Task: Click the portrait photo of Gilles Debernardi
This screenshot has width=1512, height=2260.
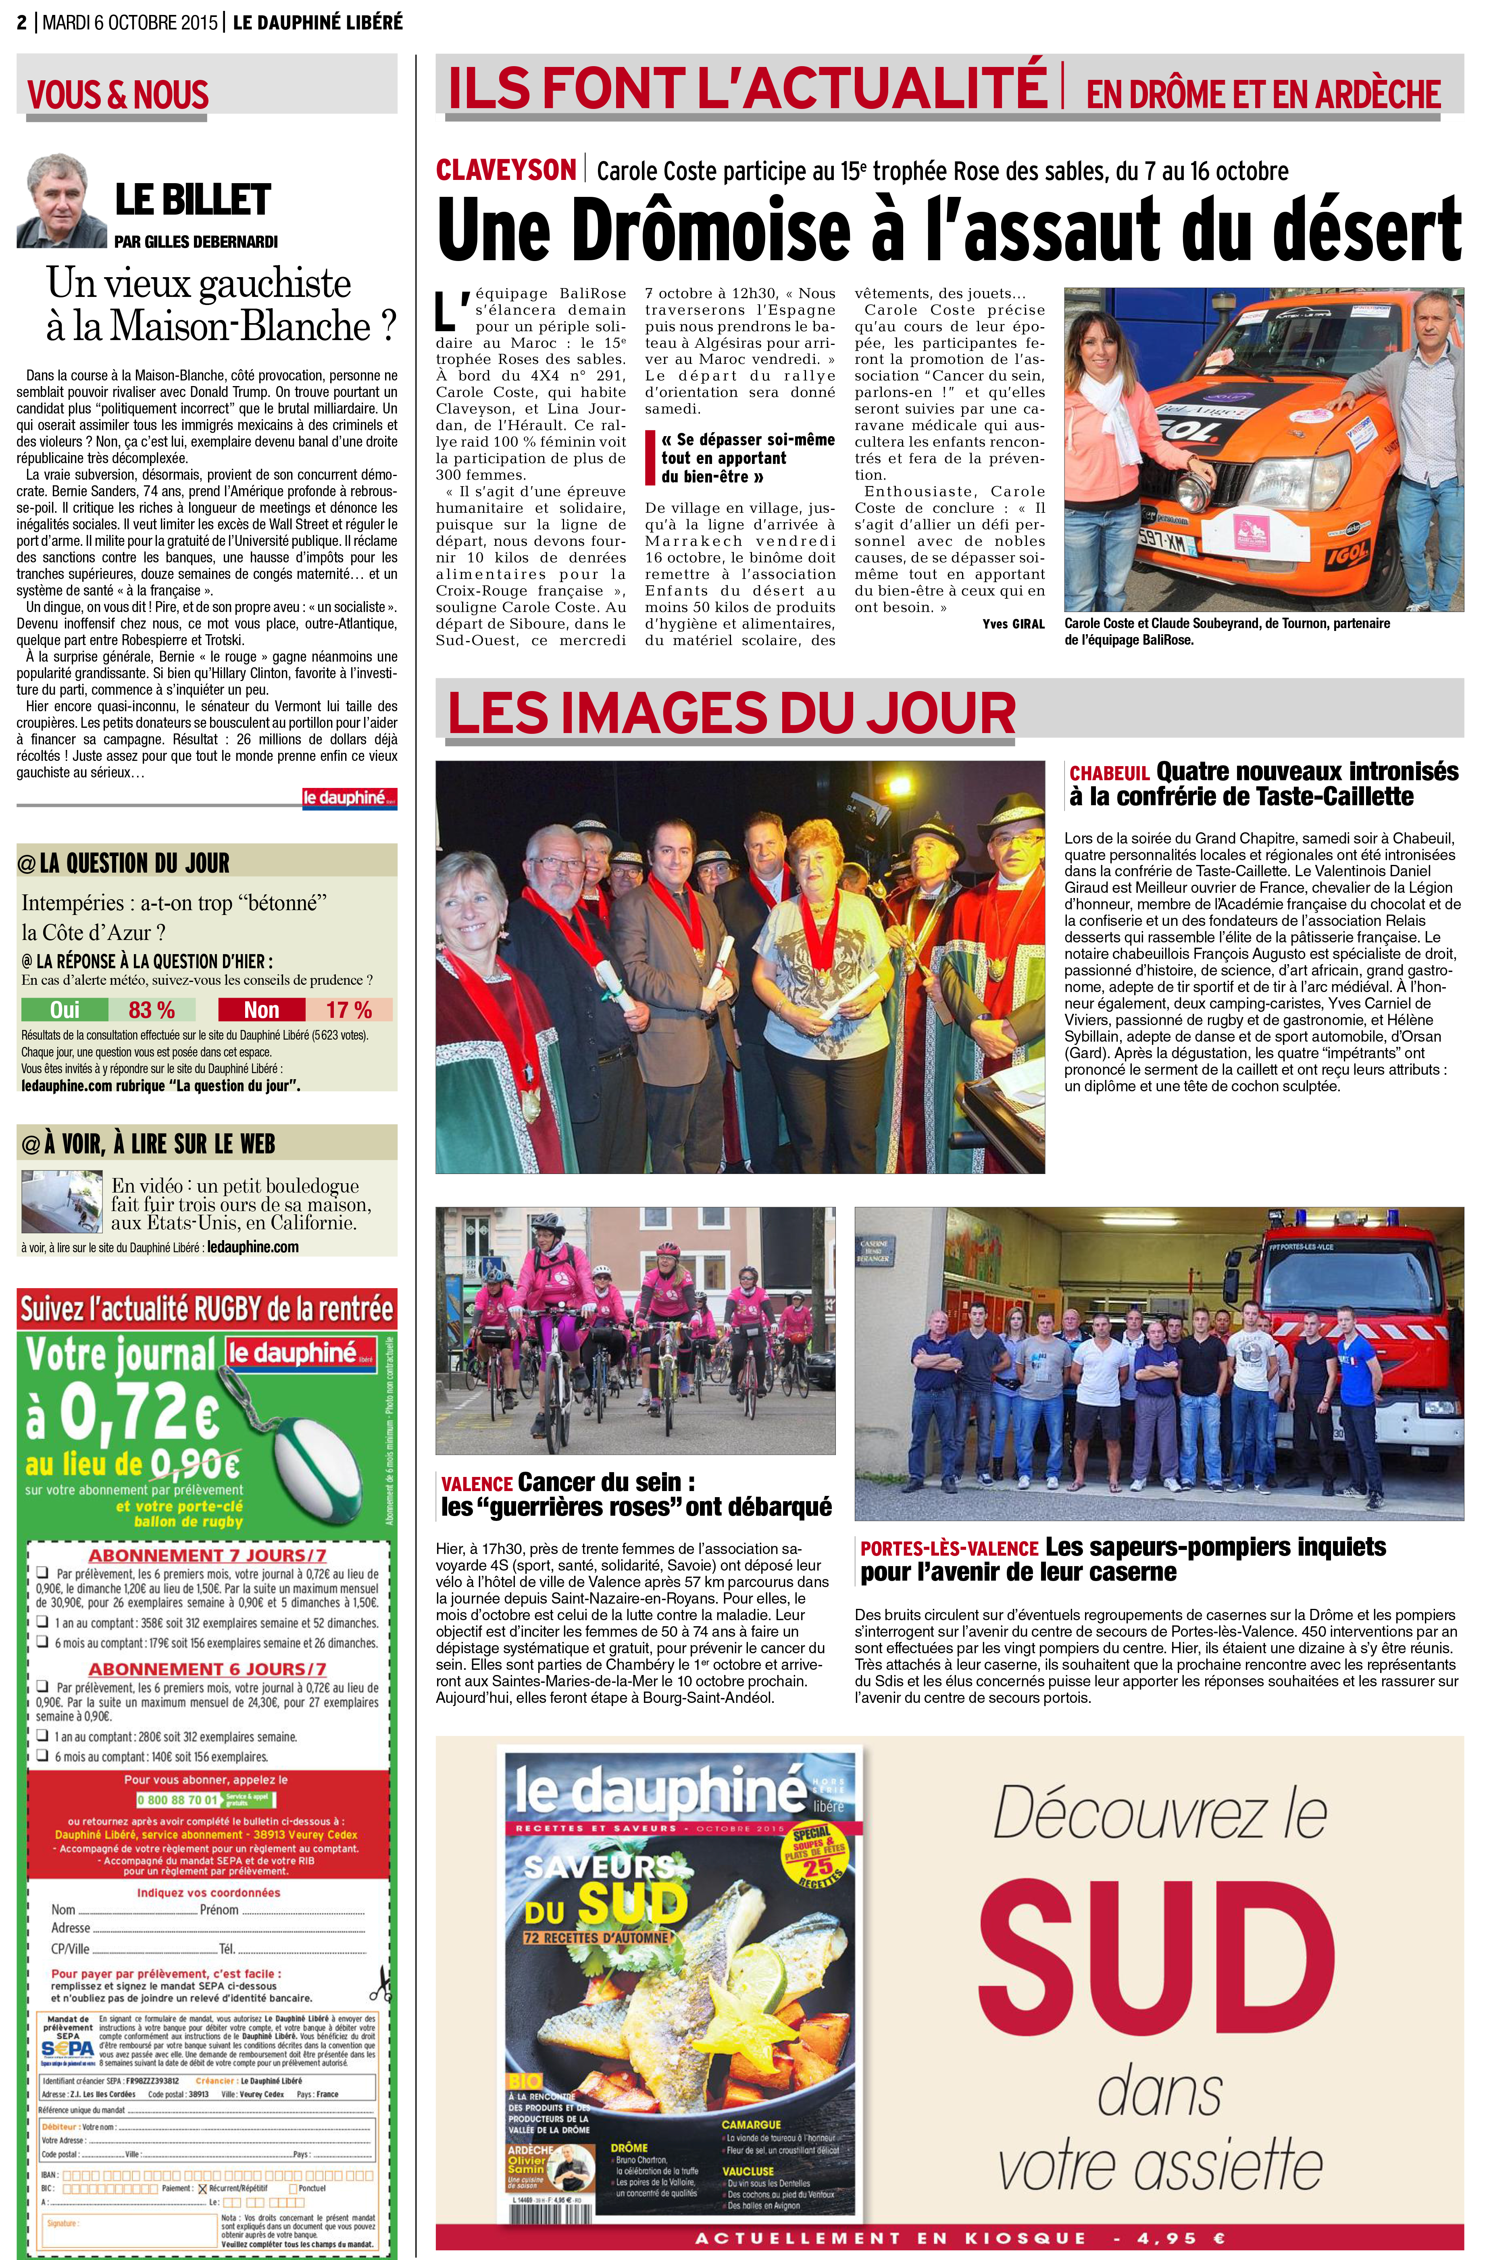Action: click(x=61, y=201)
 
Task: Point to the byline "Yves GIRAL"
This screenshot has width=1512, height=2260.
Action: click(x=1012, y=624)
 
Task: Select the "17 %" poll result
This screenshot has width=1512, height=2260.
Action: click(x=349, y=1010)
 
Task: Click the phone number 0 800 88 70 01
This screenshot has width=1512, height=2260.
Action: click(x=177, y=1800)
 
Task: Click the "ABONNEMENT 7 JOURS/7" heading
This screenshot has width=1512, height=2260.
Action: click(x=207, y=1555)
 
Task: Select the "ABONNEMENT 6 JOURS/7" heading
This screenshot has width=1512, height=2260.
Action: click(x=207, y=1670)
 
